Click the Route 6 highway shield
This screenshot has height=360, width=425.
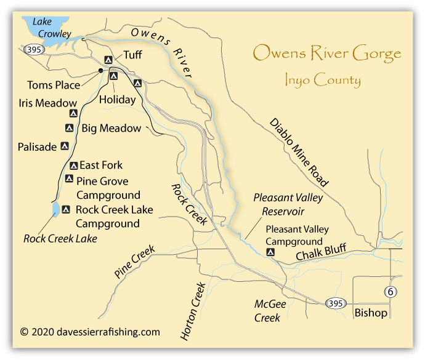[x=388, y=292]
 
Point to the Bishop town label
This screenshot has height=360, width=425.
[x=371, y=313]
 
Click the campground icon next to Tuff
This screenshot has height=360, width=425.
[x=108, y=60]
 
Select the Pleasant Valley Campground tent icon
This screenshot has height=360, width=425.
[x=270, y=252]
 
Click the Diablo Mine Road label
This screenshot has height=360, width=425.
[x=299, y=151]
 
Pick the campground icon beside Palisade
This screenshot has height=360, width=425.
[x=64, y=146]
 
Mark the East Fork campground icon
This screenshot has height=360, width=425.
[x=73, y=166]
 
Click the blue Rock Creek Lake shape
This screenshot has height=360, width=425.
[x=55, y=210]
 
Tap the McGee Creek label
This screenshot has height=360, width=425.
[x=267, y=311]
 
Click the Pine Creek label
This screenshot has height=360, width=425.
[x=134, y=262]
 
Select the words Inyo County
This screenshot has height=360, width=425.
[x=323, y=80]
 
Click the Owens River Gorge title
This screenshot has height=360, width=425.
[x=327, y=54]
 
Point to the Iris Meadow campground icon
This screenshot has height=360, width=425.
[x=73, y=114]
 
